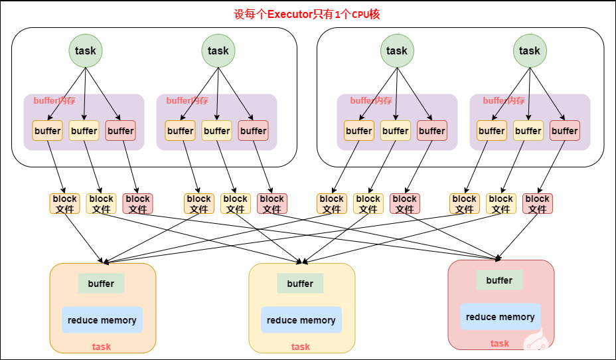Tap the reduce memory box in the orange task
[x=102, y=320]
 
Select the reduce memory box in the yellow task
[x=301, y=320]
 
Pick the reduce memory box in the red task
[x=501, y=317]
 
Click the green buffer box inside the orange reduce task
[x=101, y=284]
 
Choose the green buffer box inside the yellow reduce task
[x=300, y=284]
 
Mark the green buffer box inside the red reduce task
[x=499, y=280]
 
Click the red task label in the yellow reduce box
[x=301, y=347]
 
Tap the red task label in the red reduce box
[x=500, y=343]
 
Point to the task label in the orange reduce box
[x=102, y=347]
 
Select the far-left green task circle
[x=86, y=50]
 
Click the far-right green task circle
[x=530, y=50]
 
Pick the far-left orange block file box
[x=64, y=203]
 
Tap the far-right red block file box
[x=538, y=203]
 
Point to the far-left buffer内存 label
[x=54, y=101]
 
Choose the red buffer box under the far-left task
[x=120, y=131]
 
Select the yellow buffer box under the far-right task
[x=528, y=131]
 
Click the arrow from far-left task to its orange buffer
[x=66, y=93]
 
